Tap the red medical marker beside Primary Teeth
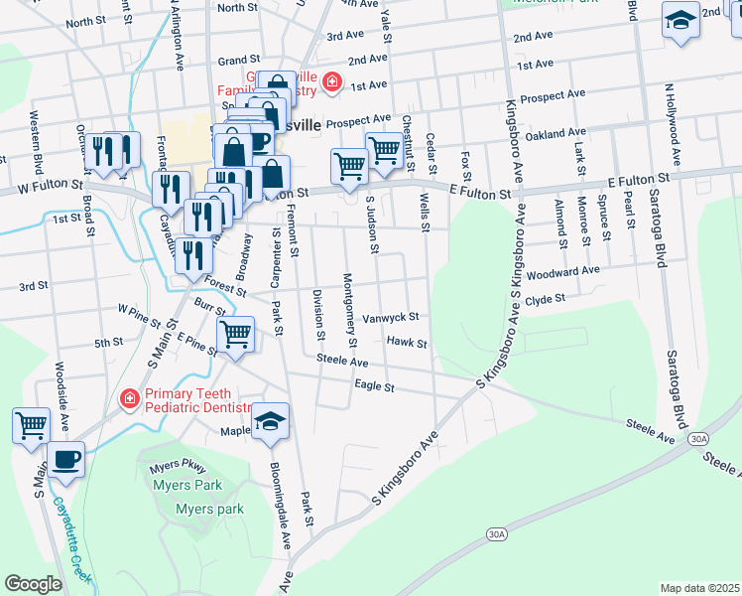click(128, 400)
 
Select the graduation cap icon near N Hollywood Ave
click(680, 23)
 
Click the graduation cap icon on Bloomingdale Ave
click(270, 422)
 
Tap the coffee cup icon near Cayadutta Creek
click(66, 460)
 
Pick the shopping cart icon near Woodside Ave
click(32, 425)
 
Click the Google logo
click(33, 584)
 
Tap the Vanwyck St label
click(391, 318)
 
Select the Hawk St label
click(407, 343)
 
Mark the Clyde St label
click(545, 299)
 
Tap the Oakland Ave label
click(557, 133)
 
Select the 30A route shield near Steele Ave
click(699, 437)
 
